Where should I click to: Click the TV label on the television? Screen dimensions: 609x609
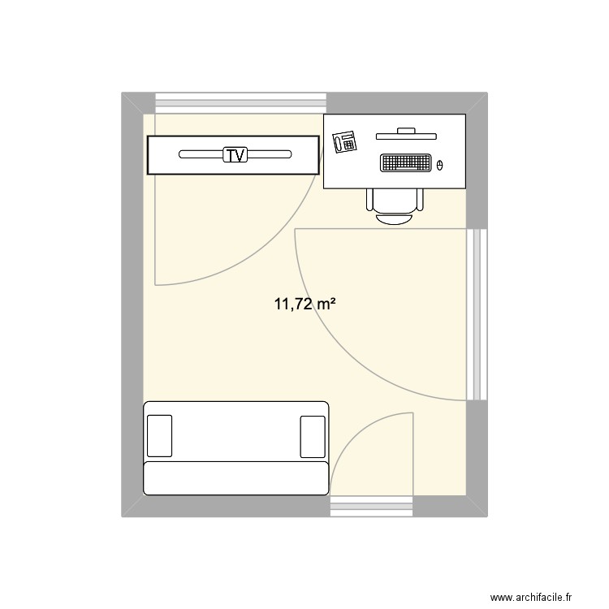pyautogui.click(x=234, y=154)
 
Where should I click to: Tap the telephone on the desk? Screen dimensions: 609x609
pyautogui.click(x=345, y=141)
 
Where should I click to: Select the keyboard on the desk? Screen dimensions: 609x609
pyautogui.click(x=404, y=163)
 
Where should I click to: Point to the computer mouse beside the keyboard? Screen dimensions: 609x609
pyautogui.click(x=440, y=165)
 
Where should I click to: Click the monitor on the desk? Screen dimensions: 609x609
pyautogui.click(x=405, y=133)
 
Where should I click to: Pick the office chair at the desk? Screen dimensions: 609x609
pyautogui.click(x=395, y=205)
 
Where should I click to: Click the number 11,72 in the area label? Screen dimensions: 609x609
pyautogui.click(x=293, y=305)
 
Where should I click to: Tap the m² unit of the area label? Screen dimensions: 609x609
pyautogui.click(x=326, y=304)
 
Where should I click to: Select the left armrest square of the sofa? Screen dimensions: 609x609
pyautogui.click(x=160, y=436)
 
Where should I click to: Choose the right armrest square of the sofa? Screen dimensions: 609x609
pyautogui.click(x=313, y=436)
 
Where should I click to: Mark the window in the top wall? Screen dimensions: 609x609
pyautogui.click(x=241, y=102)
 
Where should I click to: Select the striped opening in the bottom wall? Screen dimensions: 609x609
pyautogui.click(x=373, y=507)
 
